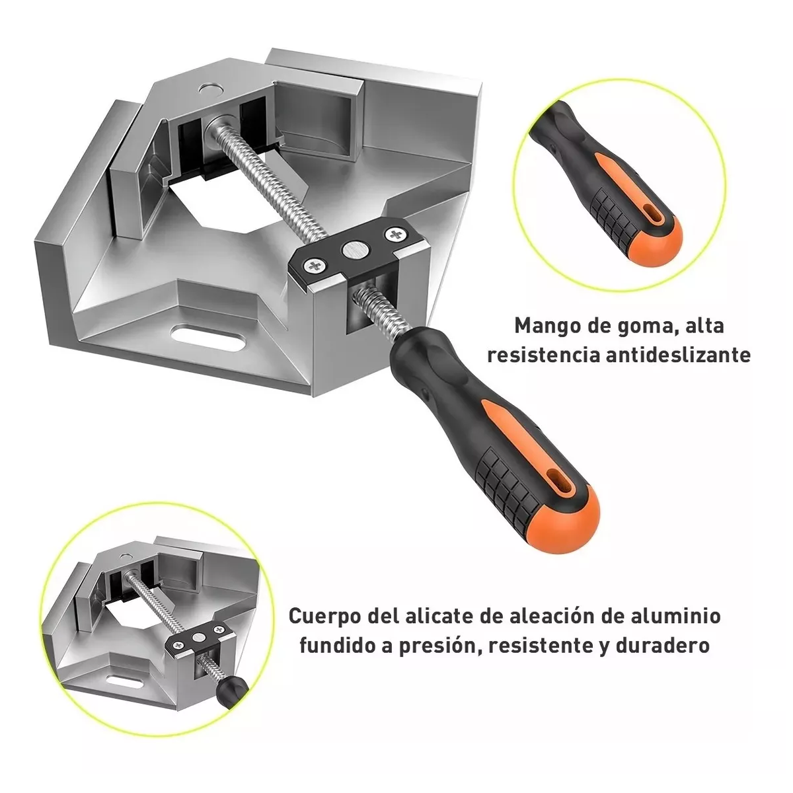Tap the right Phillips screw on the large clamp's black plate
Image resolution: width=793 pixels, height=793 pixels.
point(396,234)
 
